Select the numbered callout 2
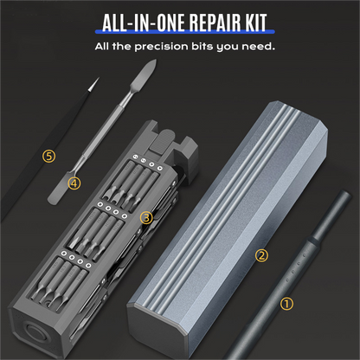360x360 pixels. [x=261, y=254]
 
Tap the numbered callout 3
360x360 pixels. [x=146, y=217]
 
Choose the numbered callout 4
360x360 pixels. [x=74, y=183]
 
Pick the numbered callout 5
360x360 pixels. [x=48, y=156]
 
